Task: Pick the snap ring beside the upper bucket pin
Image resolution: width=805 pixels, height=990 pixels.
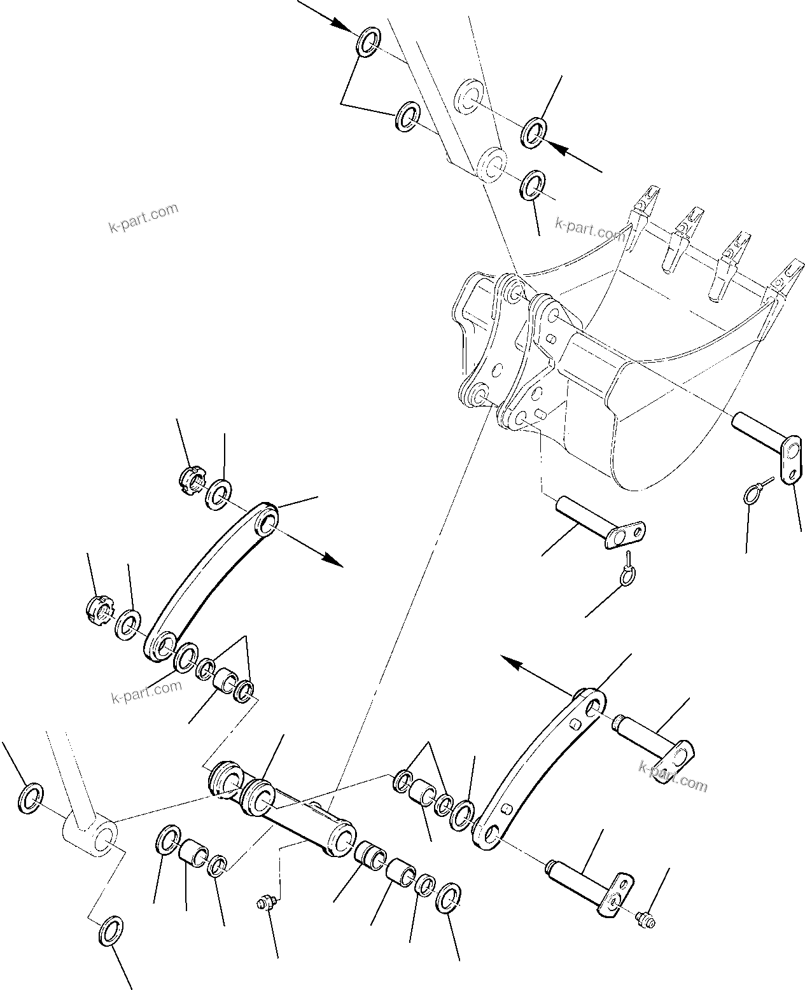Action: pos(753,494)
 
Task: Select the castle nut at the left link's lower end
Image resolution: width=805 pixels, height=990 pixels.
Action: pos(99,609)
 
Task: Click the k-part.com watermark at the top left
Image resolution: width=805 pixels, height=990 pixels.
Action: pos(143,218)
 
